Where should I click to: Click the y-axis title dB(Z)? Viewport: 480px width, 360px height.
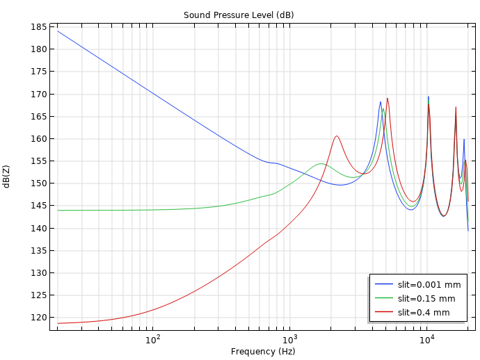coord(6,177)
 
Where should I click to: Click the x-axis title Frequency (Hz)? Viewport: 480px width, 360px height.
coord(263,352)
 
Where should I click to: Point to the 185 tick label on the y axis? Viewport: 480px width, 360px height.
coord(40,27)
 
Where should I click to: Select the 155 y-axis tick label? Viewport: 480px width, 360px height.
coord(40,161)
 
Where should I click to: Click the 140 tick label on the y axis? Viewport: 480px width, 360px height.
coord(40,229)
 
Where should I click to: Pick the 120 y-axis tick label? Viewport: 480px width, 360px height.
coord(40,318)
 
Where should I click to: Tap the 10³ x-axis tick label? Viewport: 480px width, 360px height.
coord(290,339)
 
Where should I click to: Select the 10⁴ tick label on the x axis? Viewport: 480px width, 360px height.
coord(427,339)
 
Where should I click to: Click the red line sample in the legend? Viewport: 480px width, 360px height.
coord(384,312)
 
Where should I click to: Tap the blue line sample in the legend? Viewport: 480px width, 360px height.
coord(384,284)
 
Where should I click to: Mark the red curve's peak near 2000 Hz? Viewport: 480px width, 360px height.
coord(337,136)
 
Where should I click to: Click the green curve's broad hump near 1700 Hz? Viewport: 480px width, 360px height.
coord(321,164)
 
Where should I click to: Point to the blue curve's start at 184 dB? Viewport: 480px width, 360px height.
coord(58,31)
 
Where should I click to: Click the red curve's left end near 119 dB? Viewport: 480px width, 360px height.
coord(58,323)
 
